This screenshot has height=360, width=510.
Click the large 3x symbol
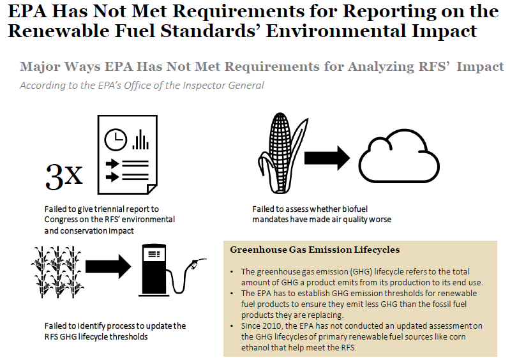(x=64, y=176)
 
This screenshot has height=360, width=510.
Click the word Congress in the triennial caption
(x=63, y=220)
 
